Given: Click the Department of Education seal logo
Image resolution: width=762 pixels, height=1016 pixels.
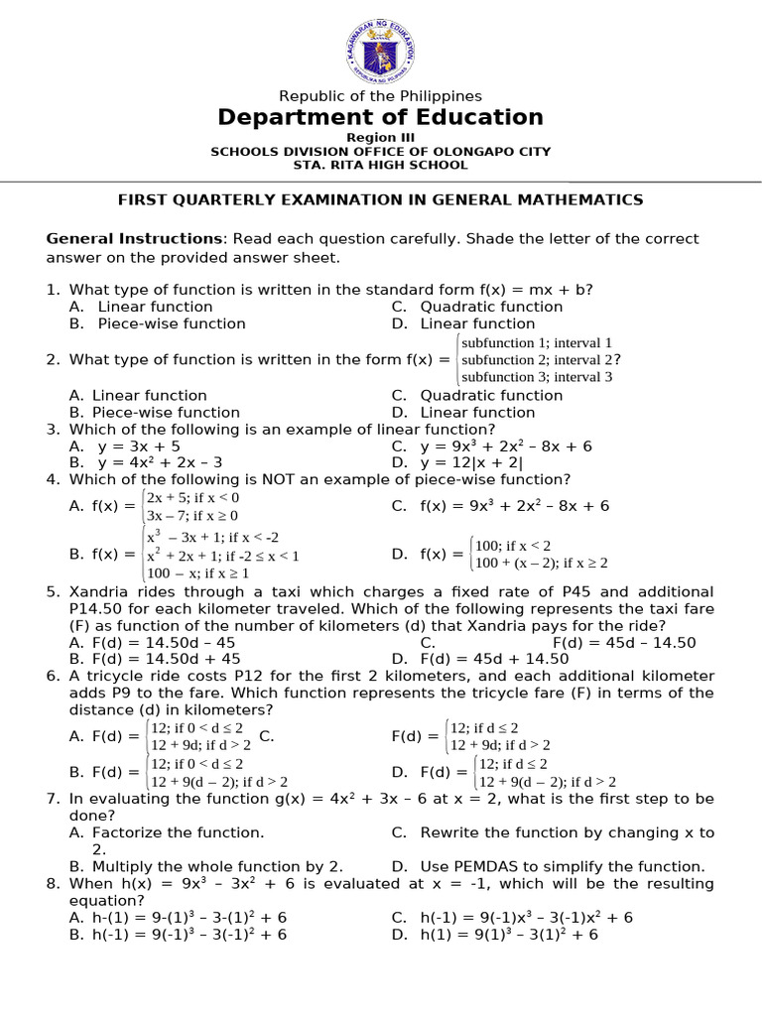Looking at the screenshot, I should tap(381, 47).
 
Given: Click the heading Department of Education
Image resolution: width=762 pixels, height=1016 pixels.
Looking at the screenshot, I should tap(381, 117).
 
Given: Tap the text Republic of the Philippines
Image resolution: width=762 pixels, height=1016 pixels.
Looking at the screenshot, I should tap(381, 96).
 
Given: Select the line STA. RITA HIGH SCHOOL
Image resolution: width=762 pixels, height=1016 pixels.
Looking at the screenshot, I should tap(381, 165).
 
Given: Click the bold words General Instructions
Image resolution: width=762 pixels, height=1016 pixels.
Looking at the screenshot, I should tap(135, 239).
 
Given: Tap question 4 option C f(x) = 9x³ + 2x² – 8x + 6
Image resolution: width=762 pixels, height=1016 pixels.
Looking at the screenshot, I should tap(514, 506).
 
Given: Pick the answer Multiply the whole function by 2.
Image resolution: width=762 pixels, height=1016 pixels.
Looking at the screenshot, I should tap(217, 866).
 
